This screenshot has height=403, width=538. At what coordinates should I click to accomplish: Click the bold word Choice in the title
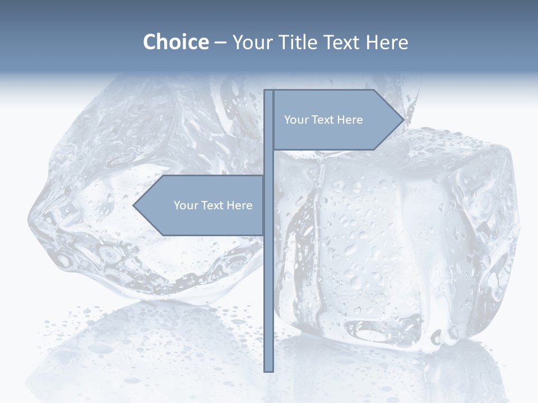(x=175, y=42)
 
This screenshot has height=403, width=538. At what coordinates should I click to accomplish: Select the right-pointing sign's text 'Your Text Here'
(x=323, y=120)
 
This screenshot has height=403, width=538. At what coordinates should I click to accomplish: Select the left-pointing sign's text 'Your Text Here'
(x=213, y=205)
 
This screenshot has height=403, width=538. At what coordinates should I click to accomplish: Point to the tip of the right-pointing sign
(x=403, y=119)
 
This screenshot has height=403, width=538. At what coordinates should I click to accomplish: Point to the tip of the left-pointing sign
(x=134, y=205)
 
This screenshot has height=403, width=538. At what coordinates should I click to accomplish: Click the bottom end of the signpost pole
(x=269, y=370)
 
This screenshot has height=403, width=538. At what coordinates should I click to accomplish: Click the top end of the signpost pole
(x=269, y=91)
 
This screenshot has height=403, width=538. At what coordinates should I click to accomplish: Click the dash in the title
(x=220, y=43)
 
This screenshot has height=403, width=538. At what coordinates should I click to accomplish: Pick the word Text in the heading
(x=342, y=42)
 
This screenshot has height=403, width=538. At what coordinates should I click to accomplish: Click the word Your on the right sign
(x=295, y=120)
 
